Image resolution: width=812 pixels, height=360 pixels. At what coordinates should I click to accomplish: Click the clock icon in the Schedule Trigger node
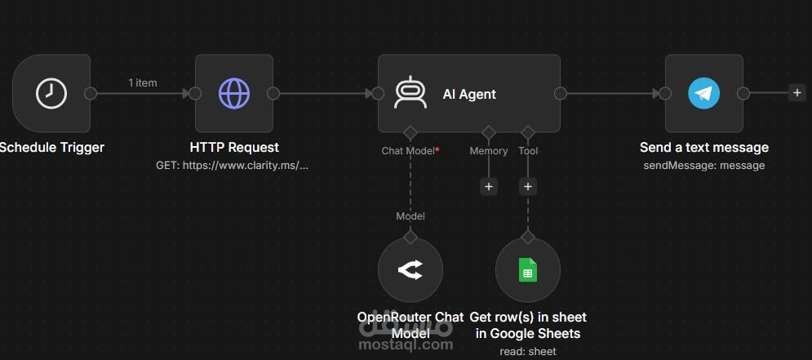[x=51, y=94]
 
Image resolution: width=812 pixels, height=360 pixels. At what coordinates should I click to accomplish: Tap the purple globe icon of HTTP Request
[x=234, y=94]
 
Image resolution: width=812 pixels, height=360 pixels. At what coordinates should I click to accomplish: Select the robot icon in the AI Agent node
[x=410, y=92]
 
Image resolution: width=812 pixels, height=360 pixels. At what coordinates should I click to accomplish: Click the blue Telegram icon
[x=703, y=94]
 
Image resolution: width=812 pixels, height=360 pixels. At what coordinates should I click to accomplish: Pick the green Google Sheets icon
[x=528, y=270]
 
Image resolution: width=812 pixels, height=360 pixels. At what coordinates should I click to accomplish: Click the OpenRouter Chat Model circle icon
[x=410, y=270]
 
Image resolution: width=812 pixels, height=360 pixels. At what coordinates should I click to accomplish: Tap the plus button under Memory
[x=488, y=186]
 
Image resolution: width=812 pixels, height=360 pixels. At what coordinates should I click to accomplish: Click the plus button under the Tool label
[x=528, y=186]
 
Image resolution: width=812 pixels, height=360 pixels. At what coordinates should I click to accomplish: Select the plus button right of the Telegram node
[x=797, y=93]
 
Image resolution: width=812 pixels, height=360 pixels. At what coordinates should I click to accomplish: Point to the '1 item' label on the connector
[x=143, y=83]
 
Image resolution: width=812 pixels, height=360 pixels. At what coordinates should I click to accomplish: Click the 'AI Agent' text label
[x=469, y=94]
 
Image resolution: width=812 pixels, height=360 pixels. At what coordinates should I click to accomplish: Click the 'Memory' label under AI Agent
[x=488, y=151]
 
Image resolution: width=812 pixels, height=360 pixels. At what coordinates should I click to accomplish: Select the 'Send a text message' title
[x=703, y=147]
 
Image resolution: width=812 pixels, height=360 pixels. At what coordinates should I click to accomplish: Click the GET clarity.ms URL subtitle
[x=232, y=166]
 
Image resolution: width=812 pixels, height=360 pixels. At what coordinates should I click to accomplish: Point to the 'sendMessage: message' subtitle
[x=703, y=166]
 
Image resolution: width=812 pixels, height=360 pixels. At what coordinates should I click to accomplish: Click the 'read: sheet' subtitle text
[x=528, y=351]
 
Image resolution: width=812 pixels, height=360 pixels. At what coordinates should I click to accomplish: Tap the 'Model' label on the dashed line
[x=410, y=216]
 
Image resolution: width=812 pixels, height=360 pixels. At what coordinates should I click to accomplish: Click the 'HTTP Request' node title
[x=234, y=147]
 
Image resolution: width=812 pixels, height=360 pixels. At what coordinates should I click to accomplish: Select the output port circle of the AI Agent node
[x=561, y=93]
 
